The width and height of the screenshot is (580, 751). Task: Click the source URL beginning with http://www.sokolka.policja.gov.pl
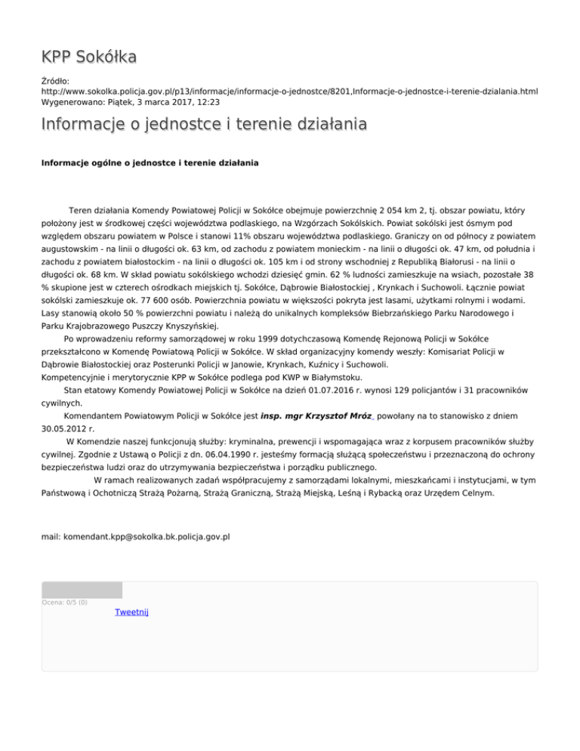point(289,91)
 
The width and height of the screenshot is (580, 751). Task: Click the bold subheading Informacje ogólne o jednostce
point(149,162)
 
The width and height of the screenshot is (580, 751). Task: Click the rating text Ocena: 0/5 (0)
point(64,602)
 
